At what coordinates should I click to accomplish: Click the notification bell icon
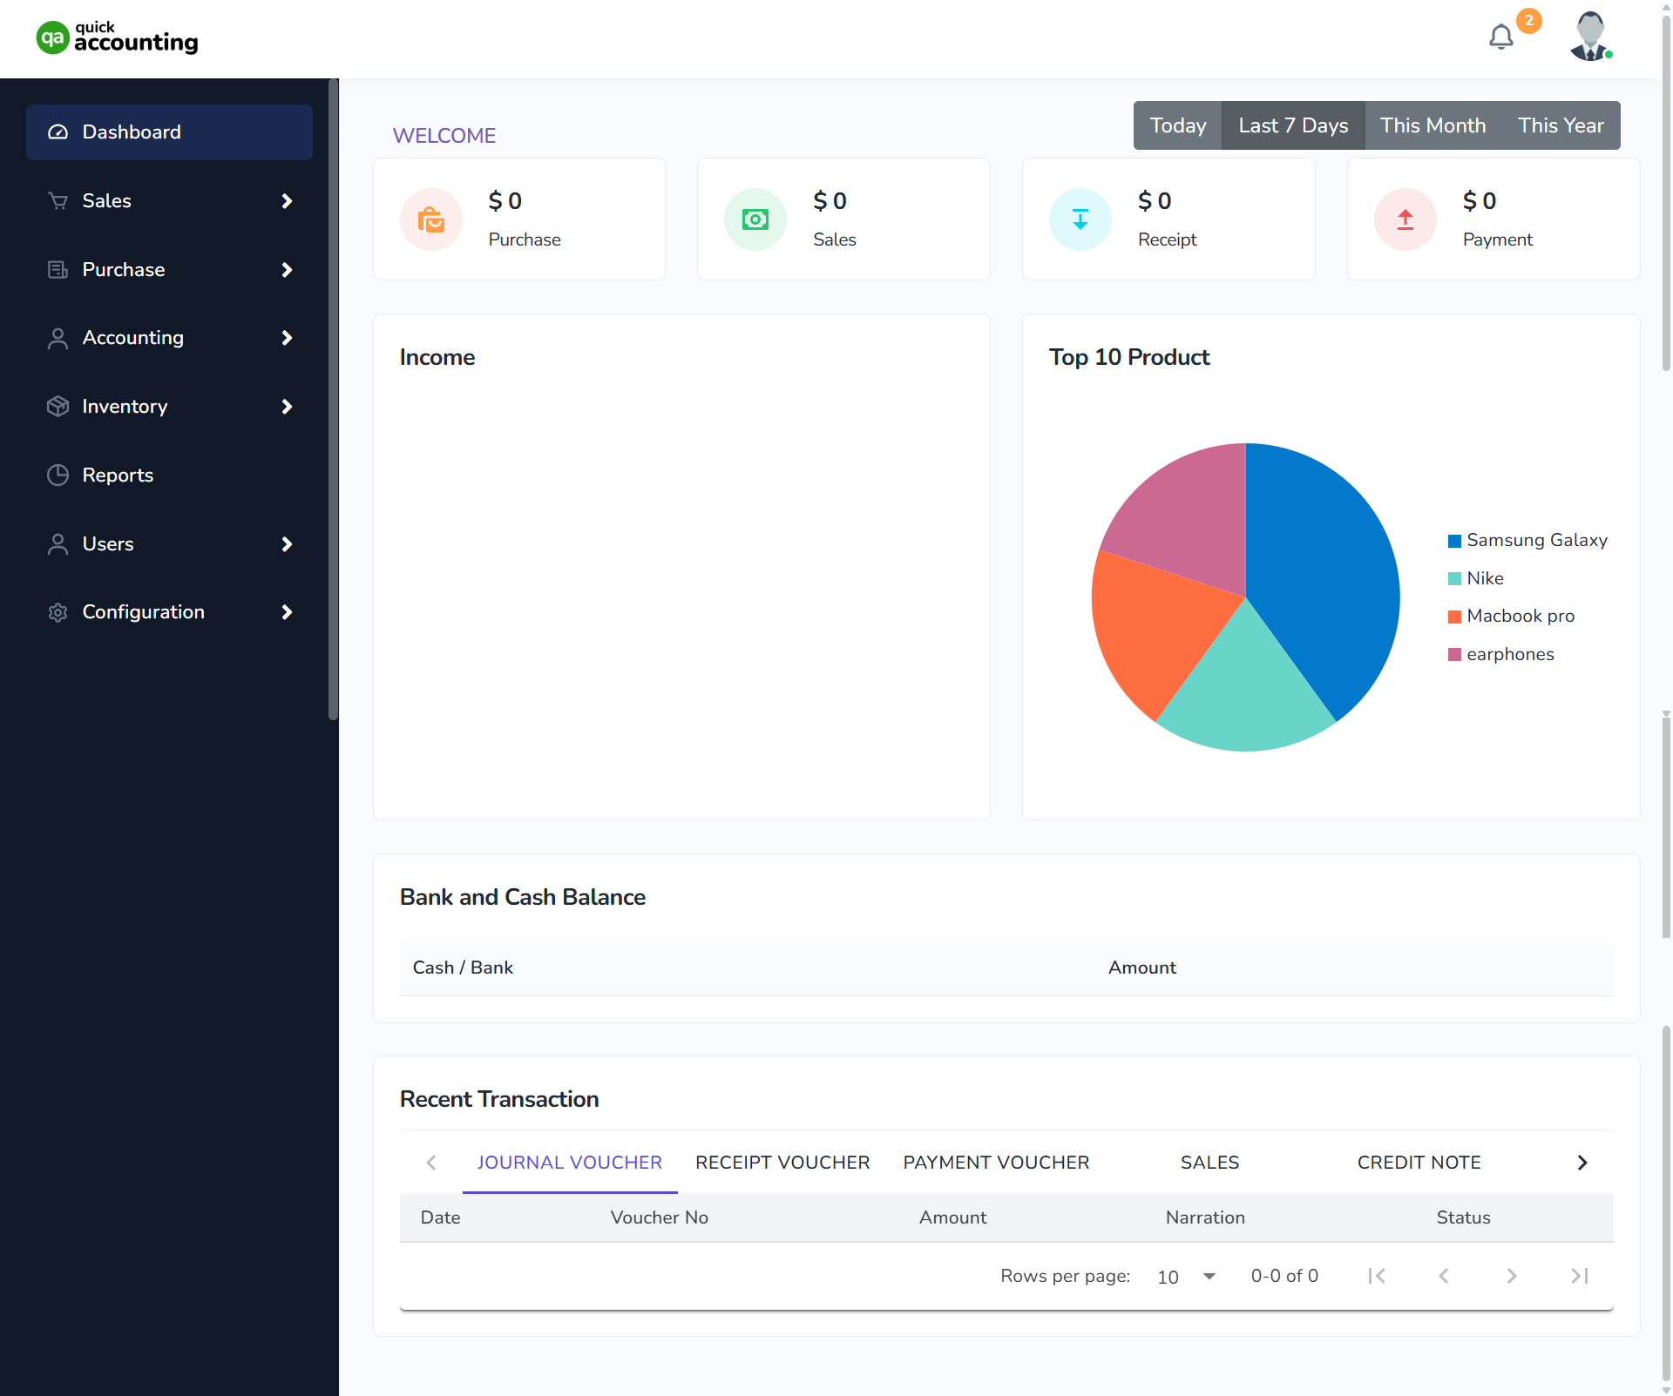[1500, 37]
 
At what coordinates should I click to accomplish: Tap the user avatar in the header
[1590, 37]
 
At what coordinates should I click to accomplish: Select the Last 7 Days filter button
[1293, 125]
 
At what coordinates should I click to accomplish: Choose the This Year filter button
[1560, 125]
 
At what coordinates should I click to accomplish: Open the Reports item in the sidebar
[118, 475]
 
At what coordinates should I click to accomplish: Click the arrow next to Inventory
[287, 407]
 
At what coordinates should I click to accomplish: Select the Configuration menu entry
[144, 612]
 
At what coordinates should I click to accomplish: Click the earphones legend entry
[1509, 654]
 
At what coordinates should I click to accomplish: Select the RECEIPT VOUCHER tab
[782, 1163]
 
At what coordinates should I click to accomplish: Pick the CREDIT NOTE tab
[1419, 1163]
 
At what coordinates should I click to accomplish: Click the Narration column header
[1205, 1217]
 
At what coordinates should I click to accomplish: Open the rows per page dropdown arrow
[1209, 1276]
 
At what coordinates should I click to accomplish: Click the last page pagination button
[1580, 1276]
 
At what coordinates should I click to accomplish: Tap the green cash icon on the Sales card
[755, 219]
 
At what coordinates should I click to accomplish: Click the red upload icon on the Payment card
[1405, 219]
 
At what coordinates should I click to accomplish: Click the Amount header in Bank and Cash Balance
[1141, 968]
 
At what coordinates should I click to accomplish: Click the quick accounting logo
[118, 38]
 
